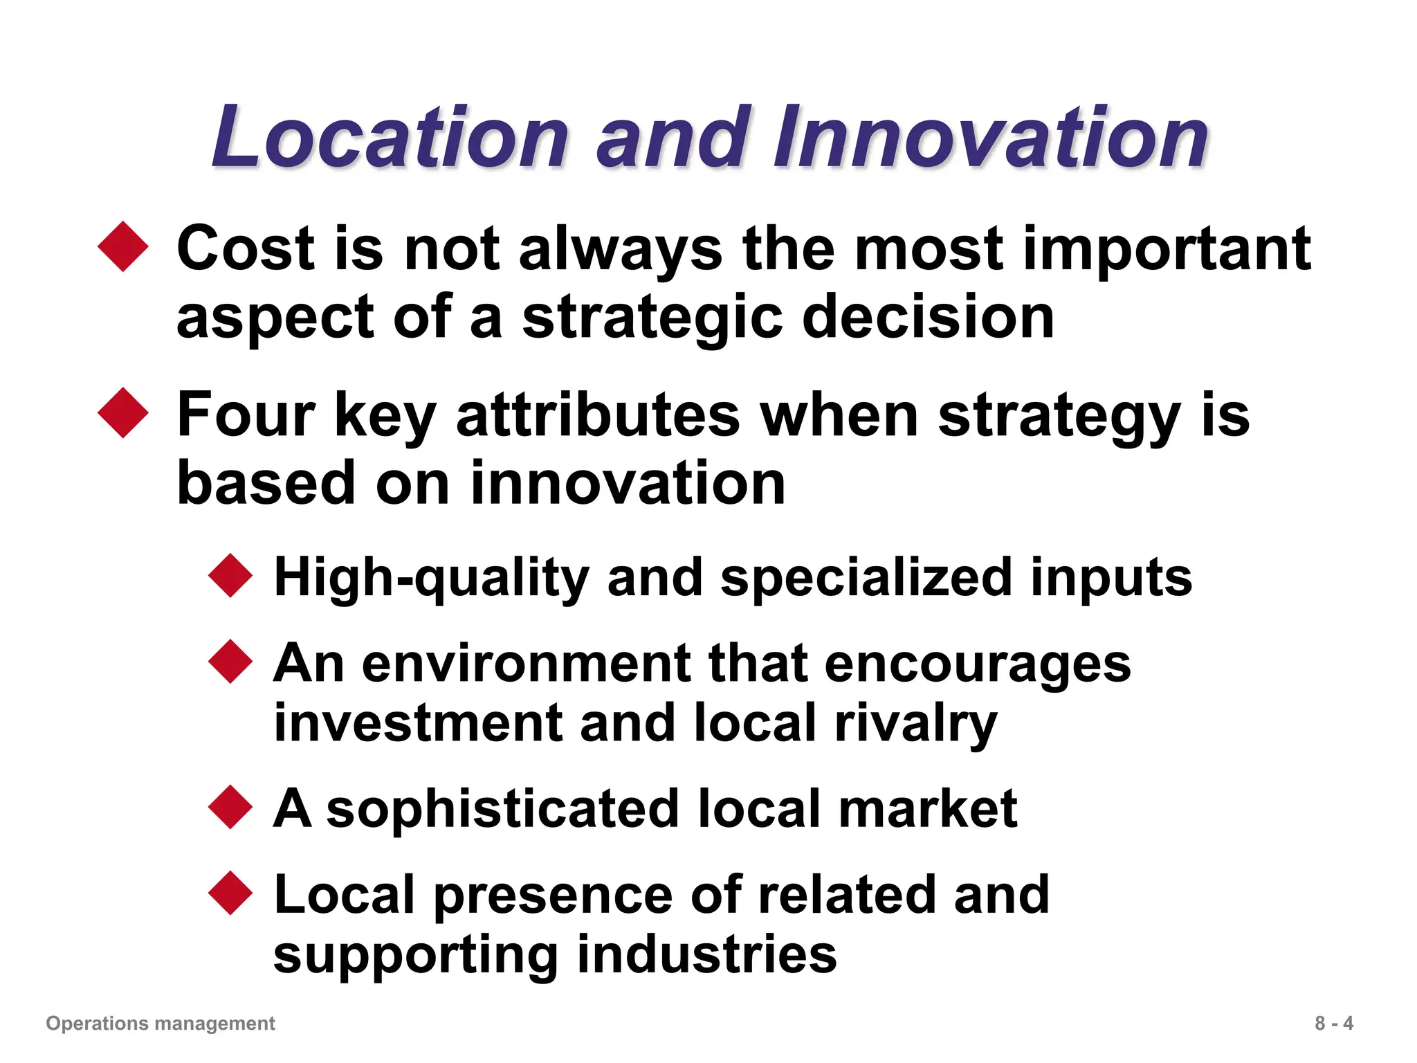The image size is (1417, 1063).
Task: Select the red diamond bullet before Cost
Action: [124, 246]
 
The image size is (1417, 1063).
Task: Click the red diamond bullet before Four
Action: [124, 412]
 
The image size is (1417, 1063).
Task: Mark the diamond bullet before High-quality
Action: [230, 575]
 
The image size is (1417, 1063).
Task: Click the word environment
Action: [526, 663]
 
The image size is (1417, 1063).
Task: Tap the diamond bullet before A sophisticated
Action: [230, 807]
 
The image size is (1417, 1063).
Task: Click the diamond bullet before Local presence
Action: [230, 893]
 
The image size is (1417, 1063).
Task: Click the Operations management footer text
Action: [161, 1023]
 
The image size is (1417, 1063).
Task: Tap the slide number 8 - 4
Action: [1334, 1023]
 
